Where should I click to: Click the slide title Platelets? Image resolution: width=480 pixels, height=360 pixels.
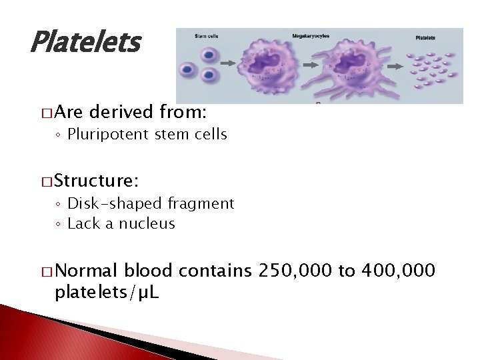pos(85,43)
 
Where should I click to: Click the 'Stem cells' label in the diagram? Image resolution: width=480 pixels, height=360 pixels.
pos(206,35)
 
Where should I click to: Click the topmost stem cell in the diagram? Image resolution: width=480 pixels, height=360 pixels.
pos(209,55)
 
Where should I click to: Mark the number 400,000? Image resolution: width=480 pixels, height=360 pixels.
pos(397,270)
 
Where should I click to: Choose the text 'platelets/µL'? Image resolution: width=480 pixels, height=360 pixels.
pos(106,293)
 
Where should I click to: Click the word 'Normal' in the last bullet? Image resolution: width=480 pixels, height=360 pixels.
pos(87,270)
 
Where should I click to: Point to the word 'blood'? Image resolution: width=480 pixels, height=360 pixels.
pos(148,270)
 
